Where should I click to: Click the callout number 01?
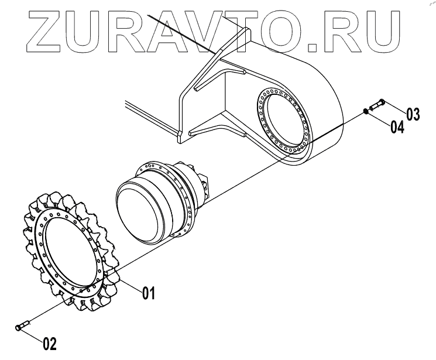[147, 293]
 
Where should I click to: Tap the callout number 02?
[50, 342]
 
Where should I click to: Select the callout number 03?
[413, 114]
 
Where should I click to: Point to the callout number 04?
[397, 126]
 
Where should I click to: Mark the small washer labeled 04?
[366, 111]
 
